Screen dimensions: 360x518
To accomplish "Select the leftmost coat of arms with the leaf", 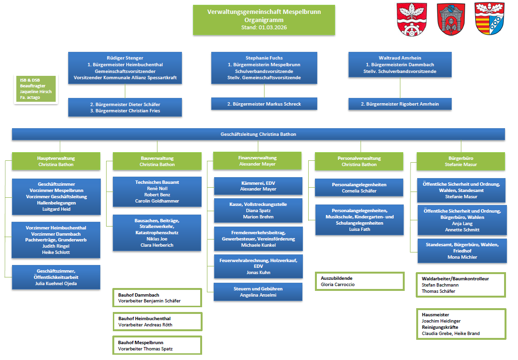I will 410,19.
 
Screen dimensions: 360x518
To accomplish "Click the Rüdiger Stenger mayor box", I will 125,68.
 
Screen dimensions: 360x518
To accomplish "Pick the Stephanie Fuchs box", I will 264,68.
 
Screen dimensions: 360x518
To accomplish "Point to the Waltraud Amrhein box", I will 400,64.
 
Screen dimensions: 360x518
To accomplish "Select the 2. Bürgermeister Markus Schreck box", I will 264,104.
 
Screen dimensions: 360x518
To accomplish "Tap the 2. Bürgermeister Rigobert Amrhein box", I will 400,104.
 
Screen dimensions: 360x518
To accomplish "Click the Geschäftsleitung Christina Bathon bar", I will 258,134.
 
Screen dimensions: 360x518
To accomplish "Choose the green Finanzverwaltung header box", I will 257,161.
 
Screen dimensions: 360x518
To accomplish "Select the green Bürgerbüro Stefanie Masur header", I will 461,161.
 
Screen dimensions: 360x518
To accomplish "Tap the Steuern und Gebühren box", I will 258,292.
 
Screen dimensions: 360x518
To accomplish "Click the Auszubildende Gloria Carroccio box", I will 360,281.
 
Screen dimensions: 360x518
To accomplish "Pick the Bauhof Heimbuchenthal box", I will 157,322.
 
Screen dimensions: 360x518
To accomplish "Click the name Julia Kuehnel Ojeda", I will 56,283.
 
